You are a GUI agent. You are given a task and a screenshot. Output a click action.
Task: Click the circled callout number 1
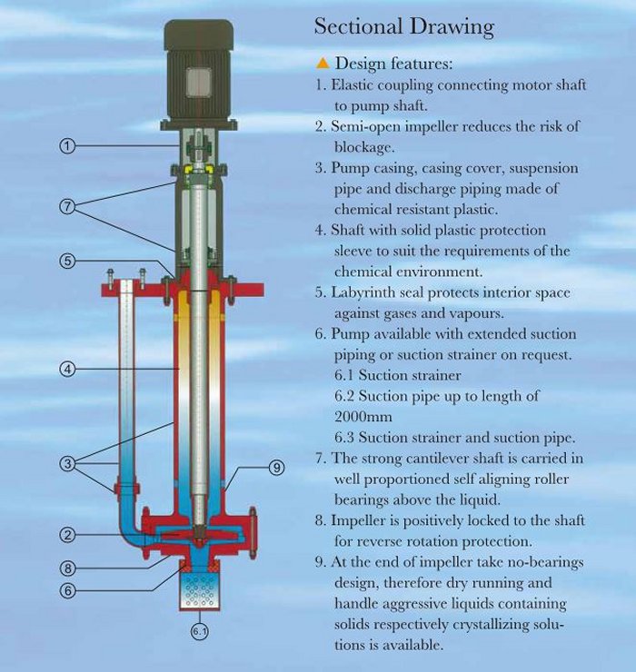click(x=66, y=146)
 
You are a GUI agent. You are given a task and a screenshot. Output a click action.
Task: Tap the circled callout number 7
click(x=67, y=206)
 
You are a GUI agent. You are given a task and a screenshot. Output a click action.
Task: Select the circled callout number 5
click(x=67, y=261)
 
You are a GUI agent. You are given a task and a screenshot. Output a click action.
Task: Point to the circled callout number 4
click(x=67, y=369)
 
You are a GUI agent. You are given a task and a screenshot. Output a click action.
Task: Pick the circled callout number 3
click(x=67, y=463)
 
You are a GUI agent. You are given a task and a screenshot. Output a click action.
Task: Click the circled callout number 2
click(x=67, y=535)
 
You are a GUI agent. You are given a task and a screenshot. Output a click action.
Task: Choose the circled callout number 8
click(x=67, y=568)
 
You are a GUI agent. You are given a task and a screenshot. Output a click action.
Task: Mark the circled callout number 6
click(x=67, y=590)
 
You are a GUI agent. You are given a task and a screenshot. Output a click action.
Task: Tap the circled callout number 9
click(x=276, y=468)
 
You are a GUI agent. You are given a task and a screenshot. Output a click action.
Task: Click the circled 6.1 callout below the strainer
click(x=200, y=631)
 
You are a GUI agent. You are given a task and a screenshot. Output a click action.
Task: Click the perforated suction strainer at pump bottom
click(x=200, y=590)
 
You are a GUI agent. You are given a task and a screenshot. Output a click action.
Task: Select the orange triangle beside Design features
click(x=322, y=64)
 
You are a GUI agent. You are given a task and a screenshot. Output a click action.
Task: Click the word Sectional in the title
click(x=358, y=26)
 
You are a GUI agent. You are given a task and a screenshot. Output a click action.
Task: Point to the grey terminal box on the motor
click(x=199, y=82)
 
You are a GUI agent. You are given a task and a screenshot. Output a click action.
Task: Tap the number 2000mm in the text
click(x=363, y=417)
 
